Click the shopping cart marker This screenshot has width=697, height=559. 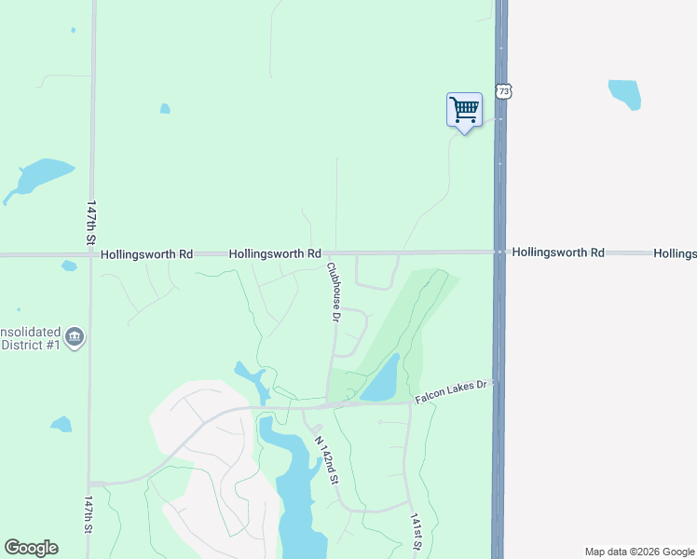pyautogui.click(x=464, y=111)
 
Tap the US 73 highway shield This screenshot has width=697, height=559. pyautogui.click(x=504, y=91)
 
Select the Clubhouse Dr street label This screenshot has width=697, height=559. pyautogui.click(x=334, y=292)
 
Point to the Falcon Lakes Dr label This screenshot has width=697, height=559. pyautogui.click(x=452, y=391)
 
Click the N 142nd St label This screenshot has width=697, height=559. pyautogui.click(x=325, y=460)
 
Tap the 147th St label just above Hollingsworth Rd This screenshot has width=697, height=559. pyautogui.click(x=91, y=222)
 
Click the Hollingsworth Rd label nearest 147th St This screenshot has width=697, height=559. pyautogui.click(x=146, y=253)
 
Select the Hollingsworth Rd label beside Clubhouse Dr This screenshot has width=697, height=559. pyautogui.click(x=275, y=253)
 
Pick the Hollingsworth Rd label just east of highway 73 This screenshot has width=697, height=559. pyautogui.click(x=558, y=252)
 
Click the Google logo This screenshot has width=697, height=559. pyautogui.click(x=31, y=548)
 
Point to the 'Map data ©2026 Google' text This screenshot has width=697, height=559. pyautogui.click(x=640, y=552)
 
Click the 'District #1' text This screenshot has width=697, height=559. pyautogui.click(x=30, y=347)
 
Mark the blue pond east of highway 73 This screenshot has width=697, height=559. pyautogui.click(x=625, y=92)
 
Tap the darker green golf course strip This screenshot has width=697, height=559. pyautogui.click(x=410, y=317)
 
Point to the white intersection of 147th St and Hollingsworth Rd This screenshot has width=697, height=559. pyautogui.click(x=91, y=253)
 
